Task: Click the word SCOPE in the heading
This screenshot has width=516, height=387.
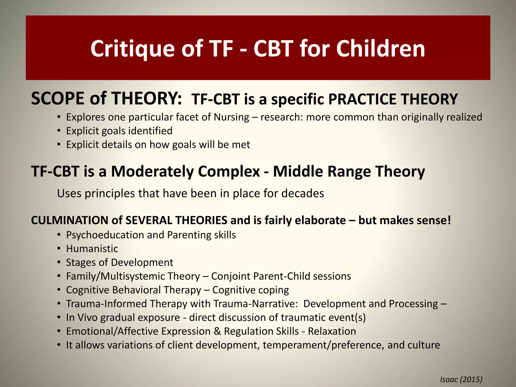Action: pyautogui.click(x=59, y=98)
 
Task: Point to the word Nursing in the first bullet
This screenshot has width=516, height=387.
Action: pyautogui.click(x=231, y=117)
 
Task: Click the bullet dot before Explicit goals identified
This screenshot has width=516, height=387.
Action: pyautogui.click(x=59, y=131)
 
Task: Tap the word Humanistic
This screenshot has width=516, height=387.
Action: pyautogui.click(x=92, y=249)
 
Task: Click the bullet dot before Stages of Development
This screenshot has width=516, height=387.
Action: pyautogui.click(x=59, y=263)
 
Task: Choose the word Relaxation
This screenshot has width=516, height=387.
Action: pyautogui.click(x=332, y=331)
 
